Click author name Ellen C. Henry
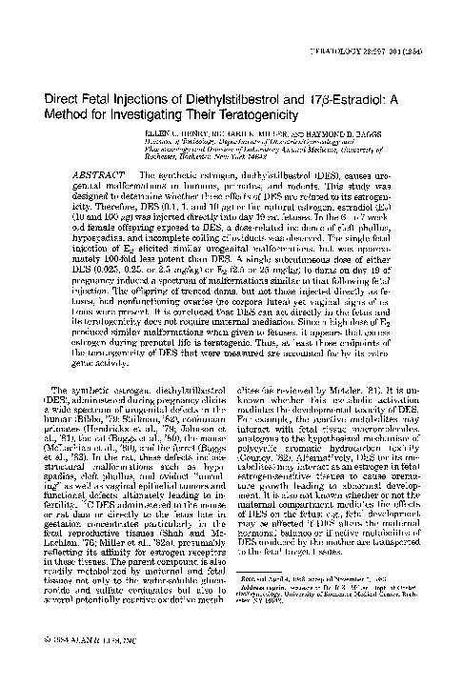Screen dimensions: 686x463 pyautogui.click(x=172, y=133)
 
